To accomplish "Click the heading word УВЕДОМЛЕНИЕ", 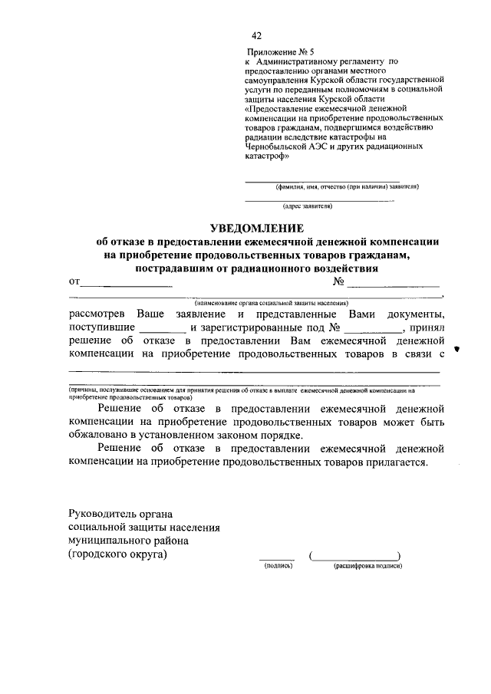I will [x=257, y=229].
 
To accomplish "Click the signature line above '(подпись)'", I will [x=276, y=558].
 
